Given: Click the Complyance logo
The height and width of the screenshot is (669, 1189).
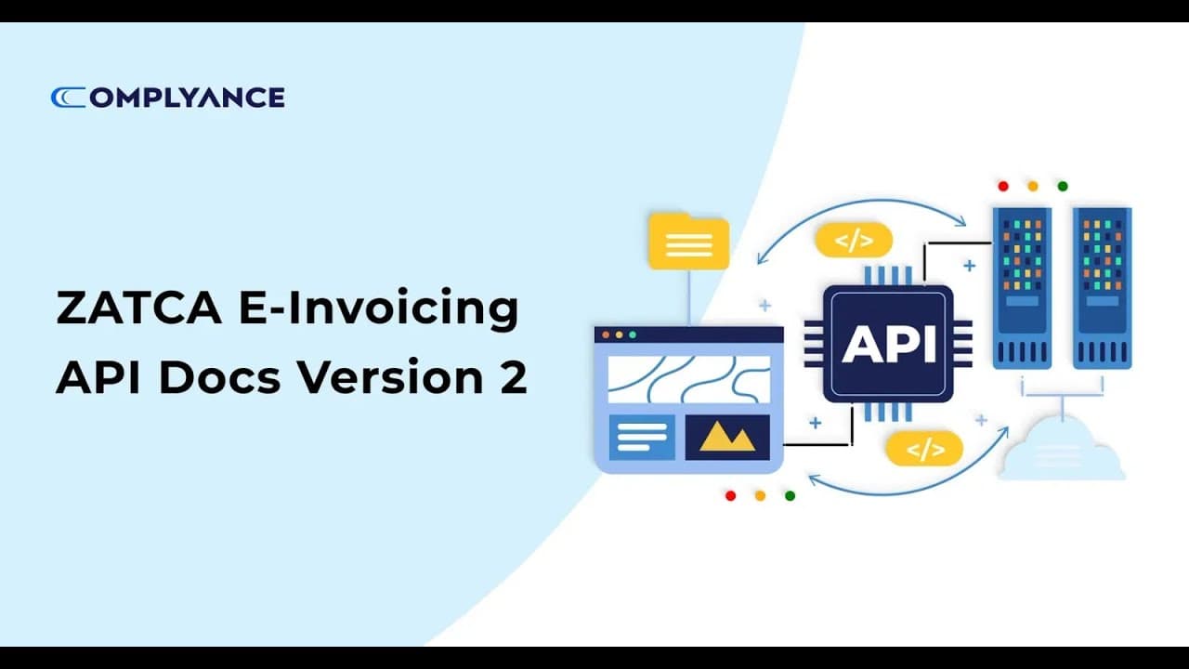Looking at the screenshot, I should click(x=167, y=98).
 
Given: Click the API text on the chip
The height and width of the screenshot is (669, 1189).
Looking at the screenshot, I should click(x=888, y=343).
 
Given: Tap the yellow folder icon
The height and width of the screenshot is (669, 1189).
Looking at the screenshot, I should click(x=688, y=242).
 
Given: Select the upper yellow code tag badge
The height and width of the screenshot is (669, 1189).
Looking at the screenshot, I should click(x=854, y=241).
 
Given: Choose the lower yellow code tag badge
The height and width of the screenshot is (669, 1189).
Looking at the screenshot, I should click(x=925, y=450).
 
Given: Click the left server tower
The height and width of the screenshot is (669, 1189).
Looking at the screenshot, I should click(x=1022, y=287).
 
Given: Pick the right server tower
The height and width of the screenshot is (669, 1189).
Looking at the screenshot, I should click(x=1102, y=287).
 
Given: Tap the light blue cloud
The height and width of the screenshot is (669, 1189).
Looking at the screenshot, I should click(x=1061, y=450).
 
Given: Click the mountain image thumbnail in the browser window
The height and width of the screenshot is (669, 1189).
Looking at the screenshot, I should click(x=727, y=437).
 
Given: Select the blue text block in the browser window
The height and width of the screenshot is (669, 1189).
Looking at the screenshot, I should click(x=642, y=437).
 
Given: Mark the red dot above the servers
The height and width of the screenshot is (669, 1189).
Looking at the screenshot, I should click(x=1003, y=186).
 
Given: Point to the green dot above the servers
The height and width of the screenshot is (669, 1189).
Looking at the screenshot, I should click(x=1063, y=186).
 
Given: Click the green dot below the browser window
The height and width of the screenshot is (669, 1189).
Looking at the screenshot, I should click(x=790, y=495).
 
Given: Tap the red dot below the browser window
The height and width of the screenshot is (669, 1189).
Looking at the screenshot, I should click(x=730, y=495).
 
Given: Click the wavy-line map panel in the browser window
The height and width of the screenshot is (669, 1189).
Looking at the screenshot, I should click(x=688, y=379).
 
